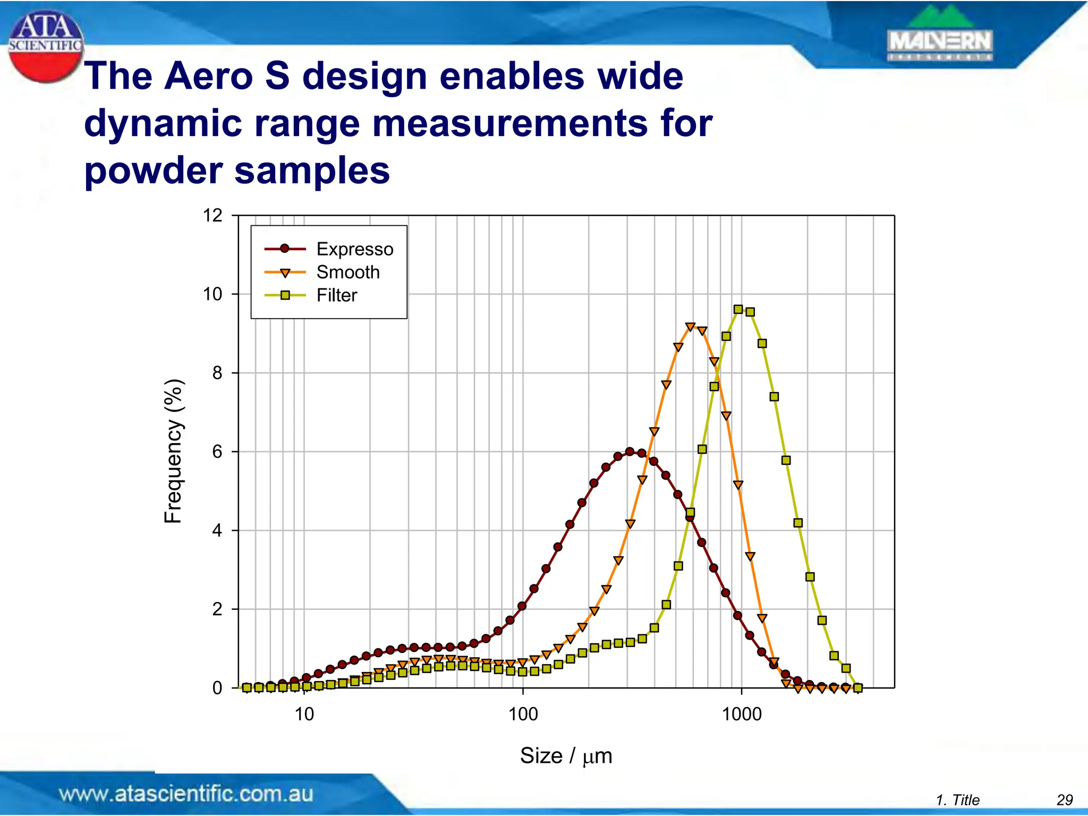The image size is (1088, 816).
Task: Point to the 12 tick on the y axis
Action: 212,216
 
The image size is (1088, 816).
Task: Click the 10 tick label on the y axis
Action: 212,294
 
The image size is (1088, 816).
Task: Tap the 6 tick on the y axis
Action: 217,452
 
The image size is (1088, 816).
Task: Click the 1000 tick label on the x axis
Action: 742,714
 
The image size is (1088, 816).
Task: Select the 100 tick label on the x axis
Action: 523,714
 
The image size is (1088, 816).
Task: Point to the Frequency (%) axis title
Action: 173,452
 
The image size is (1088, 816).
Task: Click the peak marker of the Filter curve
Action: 738,309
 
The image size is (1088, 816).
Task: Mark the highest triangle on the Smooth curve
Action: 690,327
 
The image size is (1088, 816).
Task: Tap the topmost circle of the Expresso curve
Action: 630,452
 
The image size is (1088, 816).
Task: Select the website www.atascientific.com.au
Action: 186,794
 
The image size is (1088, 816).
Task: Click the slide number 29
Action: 1065,800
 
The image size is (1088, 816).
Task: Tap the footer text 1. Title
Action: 957,800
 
